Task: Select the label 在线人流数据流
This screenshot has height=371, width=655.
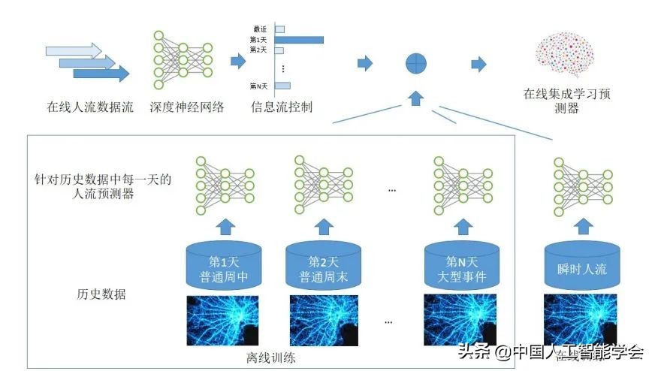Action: point(89,107)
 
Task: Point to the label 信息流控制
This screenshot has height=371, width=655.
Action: point(282,107)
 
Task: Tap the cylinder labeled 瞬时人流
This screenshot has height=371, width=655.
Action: point(579,267)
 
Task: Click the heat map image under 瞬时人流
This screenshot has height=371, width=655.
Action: point(580,323)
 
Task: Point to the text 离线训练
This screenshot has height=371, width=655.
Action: point(271,358)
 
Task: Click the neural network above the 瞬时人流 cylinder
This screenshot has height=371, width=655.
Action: point(581,184)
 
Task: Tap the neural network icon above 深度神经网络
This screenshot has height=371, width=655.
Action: point(183,55)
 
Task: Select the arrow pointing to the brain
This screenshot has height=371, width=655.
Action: point(478,64)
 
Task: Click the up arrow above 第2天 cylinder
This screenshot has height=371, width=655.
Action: point(324,226)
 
